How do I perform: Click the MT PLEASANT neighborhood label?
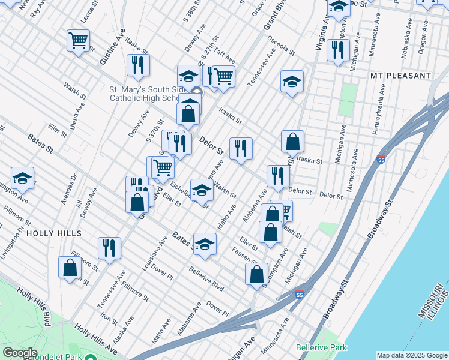[401, 76]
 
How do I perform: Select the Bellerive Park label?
[321, 347]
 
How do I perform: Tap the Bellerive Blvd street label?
[206, 279]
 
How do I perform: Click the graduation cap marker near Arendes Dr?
[22, 178]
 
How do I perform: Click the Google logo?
[20, 352]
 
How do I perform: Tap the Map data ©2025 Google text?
[411, 355]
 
